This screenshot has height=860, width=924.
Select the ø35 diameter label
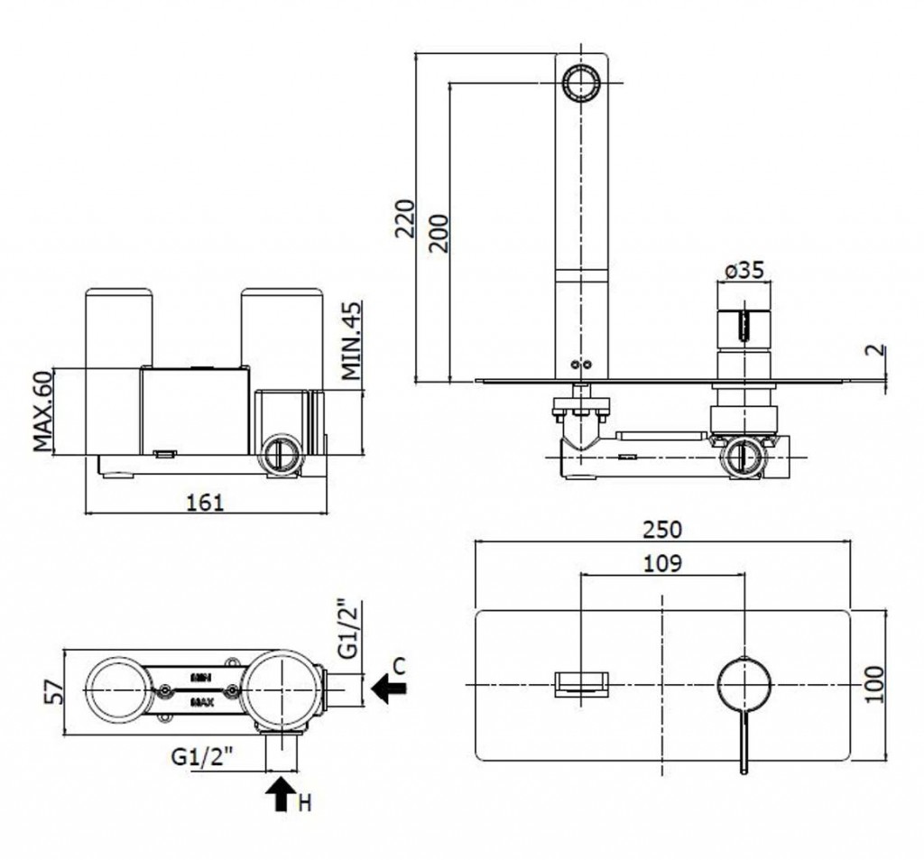[744, 270]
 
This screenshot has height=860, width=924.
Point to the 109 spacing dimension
[662, 563]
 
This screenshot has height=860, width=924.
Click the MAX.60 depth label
[42, 412]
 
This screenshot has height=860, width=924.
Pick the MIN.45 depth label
[351, 341]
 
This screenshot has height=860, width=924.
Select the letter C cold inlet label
[401, 666]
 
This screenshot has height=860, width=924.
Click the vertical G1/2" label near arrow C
[347, 629]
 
